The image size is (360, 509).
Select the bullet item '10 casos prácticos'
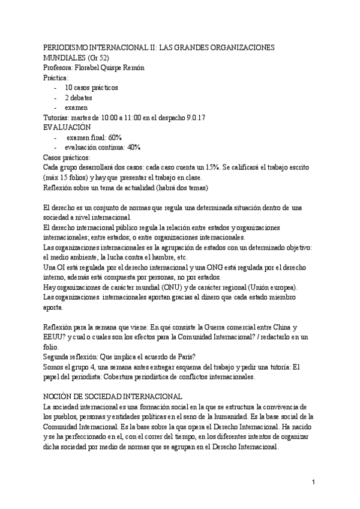point(91,87)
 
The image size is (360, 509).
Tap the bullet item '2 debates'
point(79,97)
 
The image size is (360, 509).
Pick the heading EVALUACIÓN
point(67,127)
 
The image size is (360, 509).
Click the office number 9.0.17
point(193,117)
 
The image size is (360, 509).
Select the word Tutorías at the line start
point(58,117)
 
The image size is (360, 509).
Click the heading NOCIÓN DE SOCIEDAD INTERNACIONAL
point(114,397)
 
